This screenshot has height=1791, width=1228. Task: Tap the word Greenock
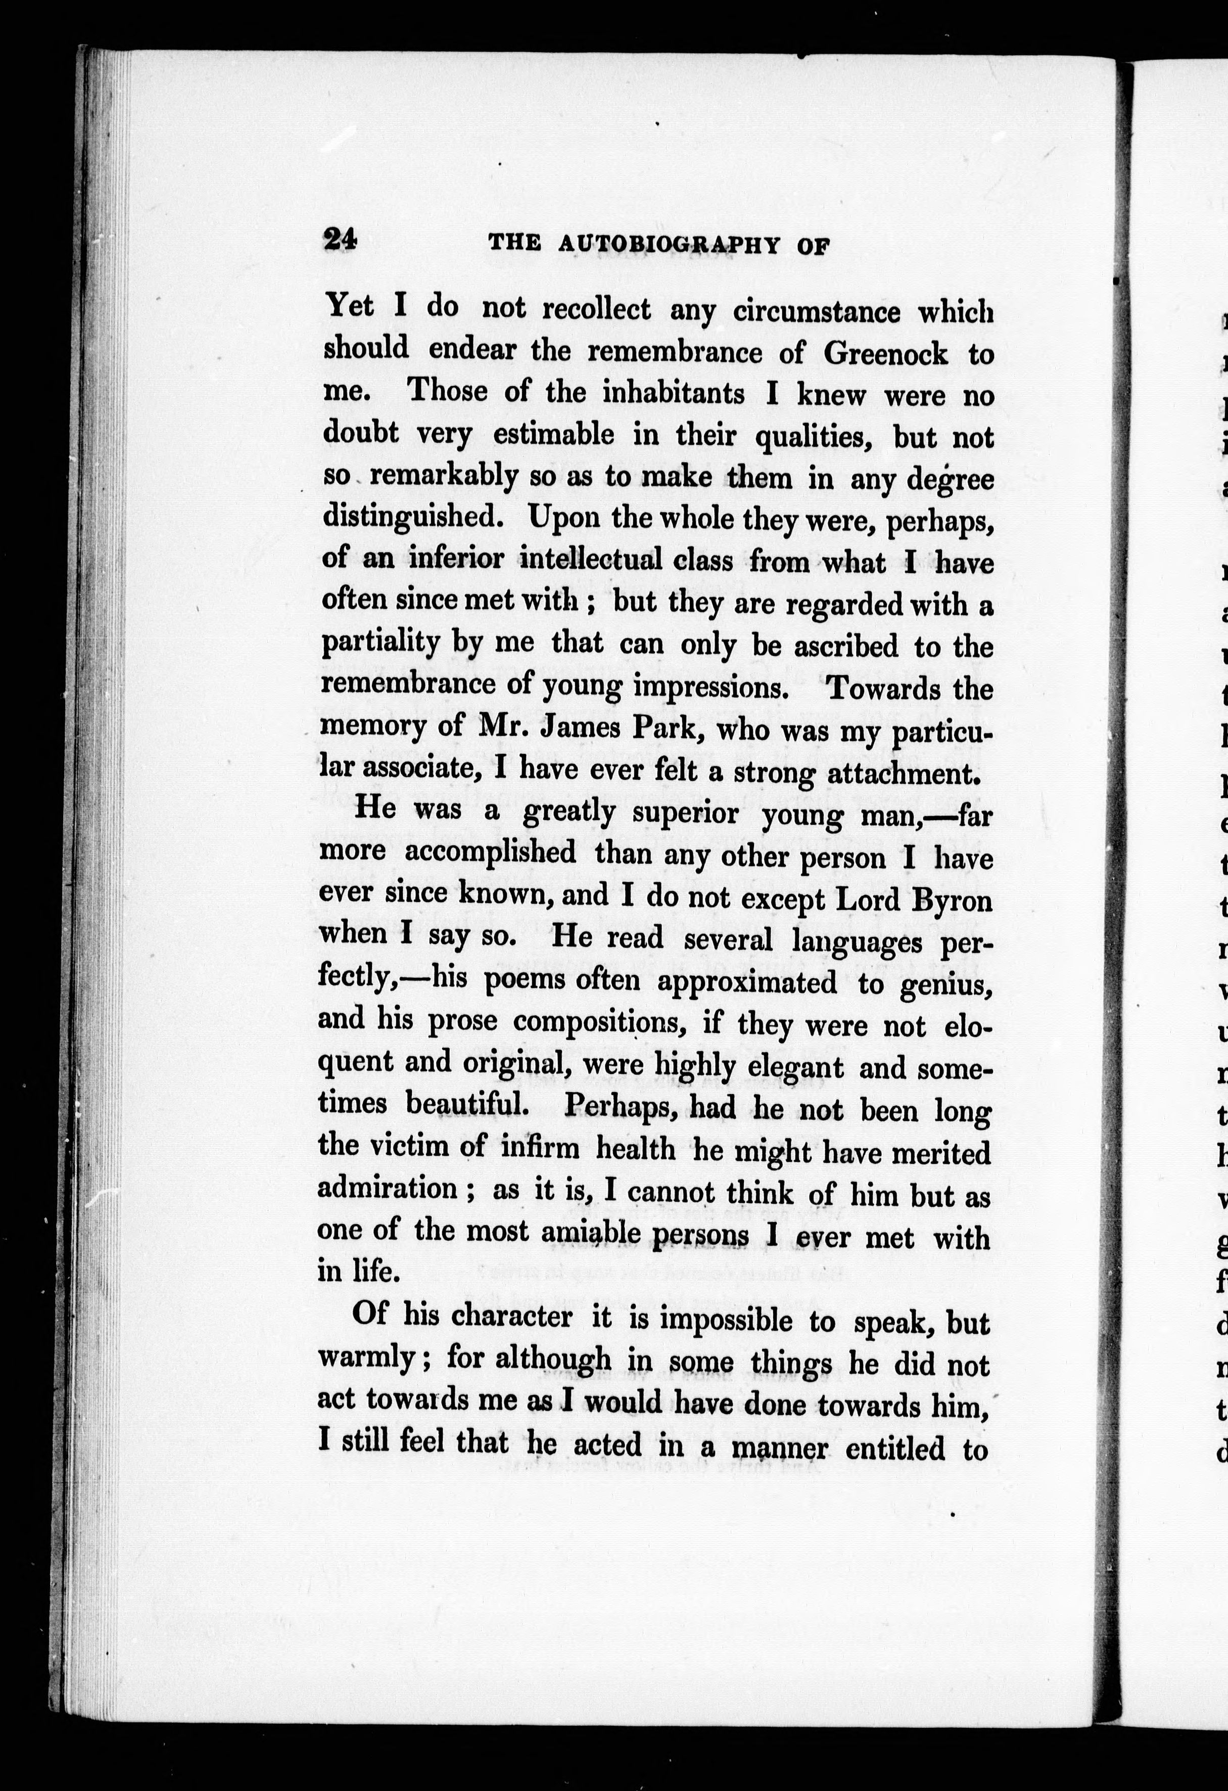click(x=886, y=352)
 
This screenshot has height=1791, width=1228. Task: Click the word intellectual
click(x=590, y=558)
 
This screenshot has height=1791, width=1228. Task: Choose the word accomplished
click(x=490, y=853)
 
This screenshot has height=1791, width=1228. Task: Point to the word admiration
click(x=389, y=1188)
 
